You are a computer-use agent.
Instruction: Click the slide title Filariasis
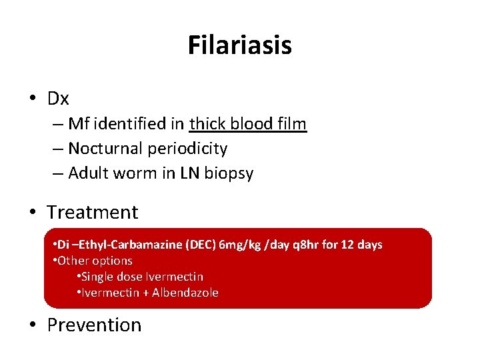click(239, 45)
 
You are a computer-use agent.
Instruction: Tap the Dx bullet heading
click(58, 99)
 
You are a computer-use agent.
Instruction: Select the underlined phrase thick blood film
click(248, 123)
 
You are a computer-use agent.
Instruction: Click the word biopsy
click(229, 173)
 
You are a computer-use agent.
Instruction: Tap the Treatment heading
click(92, 212)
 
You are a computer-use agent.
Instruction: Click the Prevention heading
click(94, 325)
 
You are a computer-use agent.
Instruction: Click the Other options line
click(93, 261)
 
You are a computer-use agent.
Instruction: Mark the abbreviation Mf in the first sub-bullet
click(78, 123)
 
